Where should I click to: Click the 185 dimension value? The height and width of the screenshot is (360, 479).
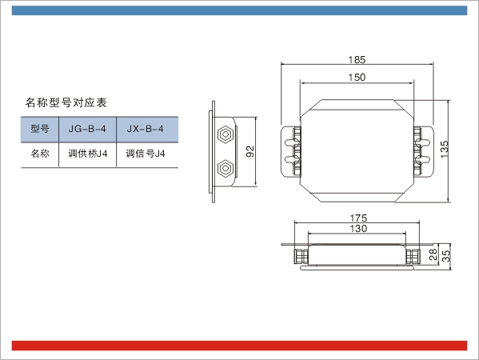click(357, 59)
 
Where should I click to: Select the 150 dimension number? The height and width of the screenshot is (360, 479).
click(357, 78)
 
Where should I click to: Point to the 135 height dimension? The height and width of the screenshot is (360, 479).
click(445, 149)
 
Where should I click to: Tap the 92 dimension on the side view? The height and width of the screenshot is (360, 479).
click(249, 151)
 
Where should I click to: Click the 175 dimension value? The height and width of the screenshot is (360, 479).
click(358, 218)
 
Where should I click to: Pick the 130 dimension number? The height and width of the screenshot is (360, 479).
click(358, 229)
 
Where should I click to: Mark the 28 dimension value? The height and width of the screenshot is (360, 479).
click(433, 254)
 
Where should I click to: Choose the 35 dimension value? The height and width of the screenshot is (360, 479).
click(446, 256)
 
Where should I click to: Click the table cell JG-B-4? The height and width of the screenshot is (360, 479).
click(87, 129)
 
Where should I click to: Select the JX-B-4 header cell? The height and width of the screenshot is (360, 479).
click(146, 129)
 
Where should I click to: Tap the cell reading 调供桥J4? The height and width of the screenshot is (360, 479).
click(88, 154)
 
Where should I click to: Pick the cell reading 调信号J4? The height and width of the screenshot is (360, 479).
click(146, 154)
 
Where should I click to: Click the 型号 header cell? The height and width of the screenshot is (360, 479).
click(40, 129)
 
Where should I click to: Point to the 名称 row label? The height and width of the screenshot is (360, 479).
click(40, 154)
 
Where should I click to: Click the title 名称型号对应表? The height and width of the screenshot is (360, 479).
click(66, 102)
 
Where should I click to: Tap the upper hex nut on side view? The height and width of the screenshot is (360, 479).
click(226, 134)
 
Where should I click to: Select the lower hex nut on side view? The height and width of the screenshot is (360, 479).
click(226, 168)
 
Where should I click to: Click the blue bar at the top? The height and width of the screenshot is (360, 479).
click(240, 10)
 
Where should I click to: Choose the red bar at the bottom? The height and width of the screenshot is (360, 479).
click(240, 346)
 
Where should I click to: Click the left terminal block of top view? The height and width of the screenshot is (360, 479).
click(291, 151)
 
